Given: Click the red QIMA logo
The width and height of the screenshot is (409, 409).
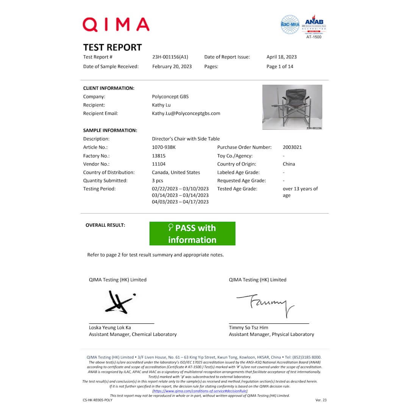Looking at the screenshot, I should click(x=116, y=25).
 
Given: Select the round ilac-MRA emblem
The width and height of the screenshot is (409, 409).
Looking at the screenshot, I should click(x=290, y=25).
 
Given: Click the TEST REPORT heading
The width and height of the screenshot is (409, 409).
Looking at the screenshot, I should click(x=112, y=47).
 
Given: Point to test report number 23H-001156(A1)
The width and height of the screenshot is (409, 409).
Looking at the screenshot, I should click(x=170, y=57).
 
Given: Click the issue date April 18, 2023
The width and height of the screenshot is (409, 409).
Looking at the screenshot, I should click(x=281, y=57).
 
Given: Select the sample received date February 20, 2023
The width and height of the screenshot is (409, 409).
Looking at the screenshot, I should click(x=172, y=67).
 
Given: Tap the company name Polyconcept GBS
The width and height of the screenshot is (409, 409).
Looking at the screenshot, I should click(x=170, y=97).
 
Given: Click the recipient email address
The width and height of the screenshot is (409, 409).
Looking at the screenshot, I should click(x=186, y=113).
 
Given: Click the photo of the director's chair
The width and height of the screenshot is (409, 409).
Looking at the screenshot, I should click(x=292, y=106).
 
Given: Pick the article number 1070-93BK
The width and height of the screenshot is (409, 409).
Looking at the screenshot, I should click(x=164, y=147).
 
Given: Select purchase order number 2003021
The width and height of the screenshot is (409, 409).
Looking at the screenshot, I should click(x=292, y=147).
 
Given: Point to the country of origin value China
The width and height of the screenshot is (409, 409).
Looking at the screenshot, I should click(x=289, y=164).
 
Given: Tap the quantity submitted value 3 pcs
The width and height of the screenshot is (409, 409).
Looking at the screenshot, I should click(x=158, y=181).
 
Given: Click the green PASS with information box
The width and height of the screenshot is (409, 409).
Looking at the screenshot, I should click(x=192, y=234).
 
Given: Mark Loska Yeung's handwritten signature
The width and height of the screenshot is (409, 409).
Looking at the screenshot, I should click(x=119, y=302).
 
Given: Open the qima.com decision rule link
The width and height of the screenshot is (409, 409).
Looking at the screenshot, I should click(x=200, y=391).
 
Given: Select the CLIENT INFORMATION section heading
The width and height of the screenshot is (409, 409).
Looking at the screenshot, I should click(x=109, y=88).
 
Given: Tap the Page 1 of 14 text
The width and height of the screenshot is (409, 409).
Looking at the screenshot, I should click(x=279, y=67).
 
